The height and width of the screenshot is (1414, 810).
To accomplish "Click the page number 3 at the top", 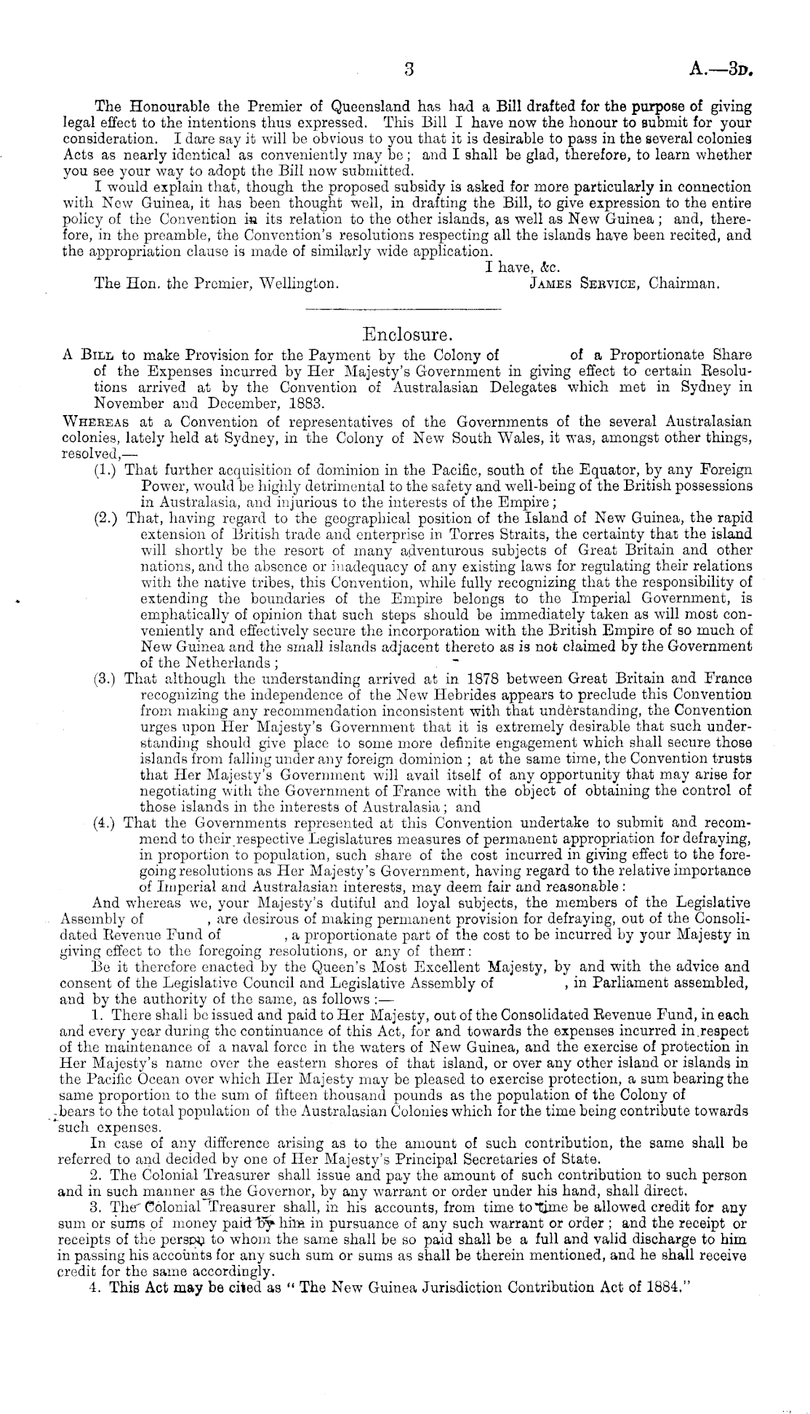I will click(409, 70).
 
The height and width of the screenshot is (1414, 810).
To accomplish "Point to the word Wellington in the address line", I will click(299, 283).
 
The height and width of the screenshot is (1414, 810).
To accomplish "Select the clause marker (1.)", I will click(108, 470).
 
